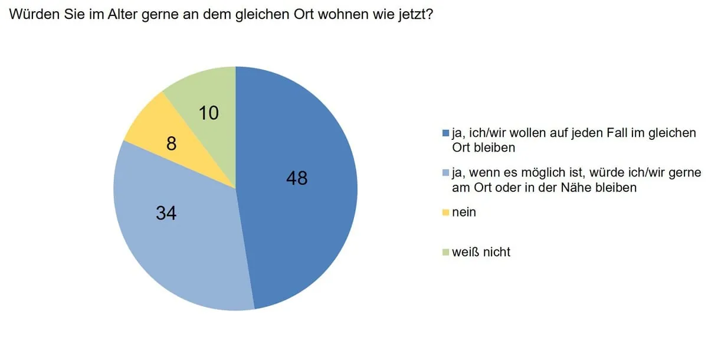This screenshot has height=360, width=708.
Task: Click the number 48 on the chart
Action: pos(297,178)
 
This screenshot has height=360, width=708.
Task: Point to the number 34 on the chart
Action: pos(166,213)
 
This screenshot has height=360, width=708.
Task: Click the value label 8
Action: pos(171,143)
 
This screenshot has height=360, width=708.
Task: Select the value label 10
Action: pos(209,113)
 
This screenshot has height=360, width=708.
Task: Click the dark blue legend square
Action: pos(446,133)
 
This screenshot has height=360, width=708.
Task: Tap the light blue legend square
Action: pos(446,173)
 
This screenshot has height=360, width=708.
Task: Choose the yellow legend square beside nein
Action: pos(446,212)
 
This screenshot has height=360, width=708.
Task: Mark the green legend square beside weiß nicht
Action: pos(446,253)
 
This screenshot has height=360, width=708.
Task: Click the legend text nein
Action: pos(464,212)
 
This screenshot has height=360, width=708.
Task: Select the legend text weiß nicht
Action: pos(481,252)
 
